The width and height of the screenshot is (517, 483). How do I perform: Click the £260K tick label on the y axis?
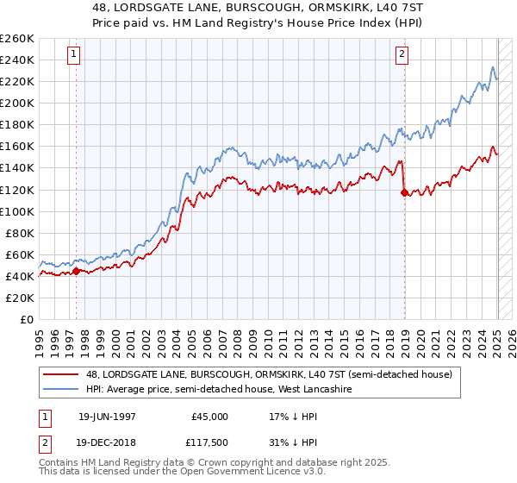[16, 38]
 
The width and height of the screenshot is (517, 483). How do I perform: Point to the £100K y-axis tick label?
[16, 211]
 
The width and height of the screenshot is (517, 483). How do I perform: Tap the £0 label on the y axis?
[26, 319]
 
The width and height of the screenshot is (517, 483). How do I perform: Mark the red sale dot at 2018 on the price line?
[404, 192]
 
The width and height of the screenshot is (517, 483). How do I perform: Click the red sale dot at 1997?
[76, 271]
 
